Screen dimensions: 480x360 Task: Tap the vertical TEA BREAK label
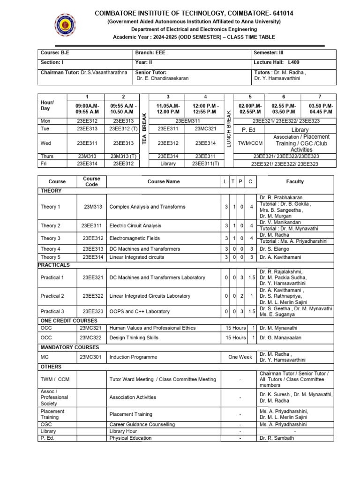144,128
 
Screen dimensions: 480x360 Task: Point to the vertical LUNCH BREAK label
229,128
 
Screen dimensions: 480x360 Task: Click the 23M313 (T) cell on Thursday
123,156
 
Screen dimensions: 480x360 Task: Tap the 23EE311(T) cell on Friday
205,164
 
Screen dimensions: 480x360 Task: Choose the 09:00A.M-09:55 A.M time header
87,109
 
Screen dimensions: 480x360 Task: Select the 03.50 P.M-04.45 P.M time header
321,109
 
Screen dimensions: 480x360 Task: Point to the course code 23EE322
92,296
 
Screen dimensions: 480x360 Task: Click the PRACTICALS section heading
54,265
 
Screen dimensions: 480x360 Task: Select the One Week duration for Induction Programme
240,357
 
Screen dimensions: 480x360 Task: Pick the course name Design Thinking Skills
134,337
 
